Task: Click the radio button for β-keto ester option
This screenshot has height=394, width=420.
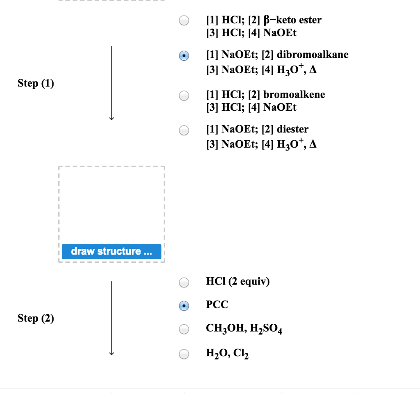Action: (x=184, y=20)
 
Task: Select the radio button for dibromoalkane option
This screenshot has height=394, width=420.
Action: (x=184, y=55)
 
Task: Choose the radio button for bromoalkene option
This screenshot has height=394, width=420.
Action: (x=184, y=96)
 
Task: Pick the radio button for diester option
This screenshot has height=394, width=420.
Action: (x=184, y=130)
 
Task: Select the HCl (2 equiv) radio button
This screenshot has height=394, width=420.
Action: (x=184, y=282)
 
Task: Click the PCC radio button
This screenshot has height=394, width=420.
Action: (x=184, y=305)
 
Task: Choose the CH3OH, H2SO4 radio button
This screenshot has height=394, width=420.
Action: (x=184, y=329)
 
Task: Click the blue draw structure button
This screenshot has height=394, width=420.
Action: (x=112, y=251)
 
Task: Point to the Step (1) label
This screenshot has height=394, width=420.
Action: (x=36, y=84)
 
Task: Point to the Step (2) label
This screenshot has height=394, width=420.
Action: (x=36, y=318)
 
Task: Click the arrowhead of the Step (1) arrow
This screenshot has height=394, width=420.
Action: (x=111, y=118)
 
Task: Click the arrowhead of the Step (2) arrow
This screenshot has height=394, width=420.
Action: (x=111, y=353)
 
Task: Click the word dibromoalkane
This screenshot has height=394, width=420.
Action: (x=313, y=55)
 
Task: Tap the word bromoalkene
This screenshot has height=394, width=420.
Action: (x=294, y=95)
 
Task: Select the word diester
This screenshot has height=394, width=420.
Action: (x=292, y=130)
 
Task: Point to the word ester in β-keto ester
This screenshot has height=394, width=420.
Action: (x=310, y=20)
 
